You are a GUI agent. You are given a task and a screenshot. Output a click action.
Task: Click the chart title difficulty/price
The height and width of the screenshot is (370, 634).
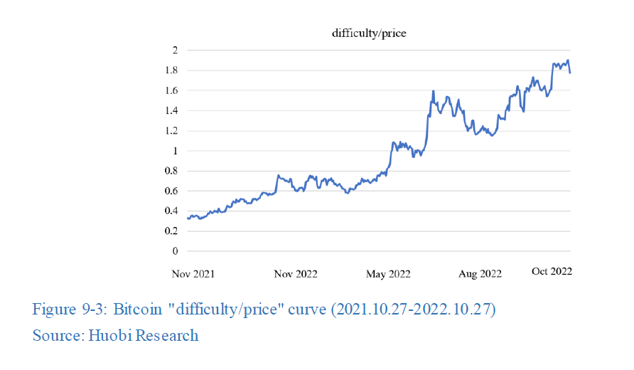(369, 33)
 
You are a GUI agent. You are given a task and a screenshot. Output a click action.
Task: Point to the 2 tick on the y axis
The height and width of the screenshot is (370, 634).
(175, 51)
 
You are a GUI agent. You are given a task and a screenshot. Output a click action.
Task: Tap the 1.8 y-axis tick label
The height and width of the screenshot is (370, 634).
(171, 70)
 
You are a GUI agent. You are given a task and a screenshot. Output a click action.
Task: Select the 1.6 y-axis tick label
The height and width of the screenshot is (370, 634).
(171, 90)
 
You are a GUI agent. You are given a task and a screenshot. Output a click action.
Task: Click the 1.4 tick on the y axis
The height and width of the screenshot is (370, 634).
(171, 110)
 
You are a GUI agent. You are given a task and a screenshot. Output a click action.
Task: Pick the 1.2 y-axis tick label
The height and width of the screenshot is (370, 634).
(171, 131)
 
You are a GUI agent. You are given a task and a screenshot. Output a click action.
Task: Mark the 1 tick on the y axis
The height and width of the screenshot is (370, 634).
(175, 151)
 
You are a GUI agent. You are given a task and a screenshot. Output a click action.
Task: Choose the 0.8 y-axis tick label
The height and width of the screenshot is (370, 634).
(171, 171)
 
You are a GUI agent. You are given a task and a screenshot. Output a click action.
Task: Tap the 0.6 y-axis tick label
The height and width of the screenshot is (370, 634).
(171, 191)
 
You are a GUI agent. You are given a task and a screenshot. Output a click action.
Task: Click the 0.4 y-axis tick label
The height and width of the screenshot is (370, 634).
(171, 211)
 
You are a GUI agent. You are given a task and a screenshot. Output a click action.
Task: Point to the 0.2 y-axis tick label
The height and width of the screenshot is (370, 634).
(171, 231)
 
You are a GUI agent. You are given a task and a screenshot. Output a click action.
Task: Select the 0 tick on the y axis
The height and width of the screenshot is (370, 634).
(175, 251)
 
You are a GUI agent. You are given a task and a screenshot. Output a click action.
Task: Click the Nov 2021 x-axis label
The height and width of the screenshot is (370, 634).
(193, 274)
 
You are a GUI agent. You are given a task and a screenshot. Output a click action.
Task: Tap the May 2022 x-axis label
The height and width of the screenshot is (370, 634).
(388, 274)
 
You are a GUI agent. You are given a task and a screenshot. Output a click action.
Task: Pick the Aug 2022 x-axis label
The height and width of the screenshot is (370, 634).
(480, 274)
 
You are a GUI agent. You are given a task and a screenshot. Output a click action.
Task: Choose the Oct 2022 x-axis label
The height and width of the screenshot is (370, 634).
(552, 271)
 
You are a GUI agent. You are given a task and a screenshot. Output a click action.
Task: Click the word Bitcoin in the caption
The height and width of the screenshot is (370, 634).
(138, 310)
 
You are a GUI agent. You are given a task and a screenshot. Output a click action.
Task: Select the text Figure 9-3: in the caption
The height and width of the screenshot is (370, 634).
(70, 310)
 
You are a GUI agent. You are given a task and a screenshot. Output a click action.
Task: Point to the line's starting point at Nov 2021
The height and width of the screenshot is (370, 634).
(188, 218)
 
